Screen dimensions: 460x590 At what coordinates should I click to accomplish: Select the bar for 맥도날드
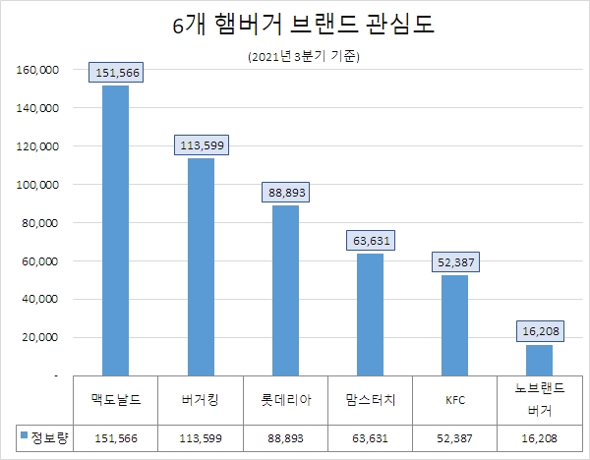(115, 230)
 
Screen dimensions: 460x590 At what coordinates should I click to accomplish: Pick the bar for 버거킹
(201, 266)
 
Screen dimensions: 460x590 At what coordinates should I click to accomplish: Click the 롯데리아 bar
(286, 290)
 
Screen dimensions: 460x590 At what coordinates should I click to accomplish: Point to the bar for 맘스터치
(371, 315)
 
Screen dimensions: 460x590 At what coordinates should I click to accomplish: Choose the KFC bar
(455, 325)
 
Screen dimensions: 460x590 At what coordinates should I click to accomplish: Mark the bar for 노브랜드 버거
(540, 360)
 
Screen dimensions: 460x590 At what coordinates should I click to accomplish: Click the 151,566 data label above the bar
(116, 72)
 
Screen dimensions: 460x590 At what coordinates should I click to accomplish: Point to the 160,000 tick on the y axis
(38, 71)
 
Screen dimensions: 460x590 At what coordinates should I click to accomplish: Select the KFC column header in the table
(455, 400)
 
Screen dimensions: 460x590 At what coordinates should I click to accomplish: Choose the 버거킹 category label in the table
(201, 400)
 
